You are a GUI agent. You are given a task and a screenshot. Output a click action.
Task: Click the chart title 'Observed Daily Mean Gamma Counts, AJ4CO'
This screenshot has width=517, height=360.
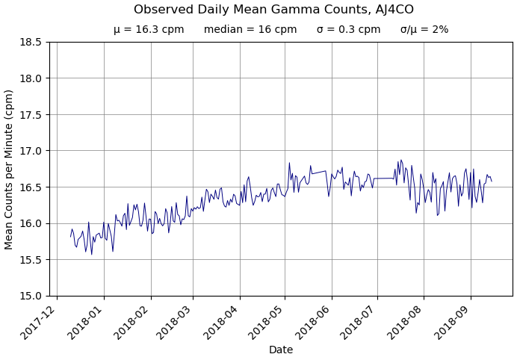tap(273, 10)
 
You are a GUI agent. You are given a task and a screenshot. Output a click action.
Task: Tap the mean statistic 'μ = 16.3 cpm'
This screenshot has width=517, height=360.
tap(149, 30)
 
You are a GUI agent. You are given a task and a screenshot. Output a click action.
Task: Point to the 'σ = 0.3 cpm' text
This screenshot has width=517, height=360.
tap(348, 30)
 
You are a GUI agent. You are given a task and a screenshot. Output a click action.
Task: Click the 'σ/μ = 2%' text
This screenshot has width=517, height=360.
tap(424, 30)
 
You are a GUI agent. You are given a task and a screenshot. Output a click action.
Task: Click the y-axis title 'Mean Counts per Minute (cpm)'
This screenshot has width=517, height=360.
tap(10, 169)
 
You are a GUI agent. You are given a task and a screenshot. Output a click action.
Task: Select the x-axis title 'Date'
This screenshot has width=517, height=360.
tap(281, 350)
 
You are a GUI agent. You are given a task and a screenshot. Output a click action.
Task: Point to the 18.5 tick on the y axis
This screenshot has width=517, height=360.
tap(30, 42)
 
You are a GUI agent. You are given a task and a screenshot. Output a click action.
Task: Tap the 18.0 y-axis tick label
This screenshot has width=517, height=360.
tap(30, 78)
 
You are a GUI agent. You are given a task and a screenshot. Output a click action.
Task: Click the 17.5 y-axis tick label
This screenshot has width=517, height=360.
tap(30, 114)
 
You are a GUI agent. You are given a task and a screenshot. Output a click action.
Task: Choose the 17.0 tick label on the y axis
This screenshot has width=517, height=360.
tap(30, 151)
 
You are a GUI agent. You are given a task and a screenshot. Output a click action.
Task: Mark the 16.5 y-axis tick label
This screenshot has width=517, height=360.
tap(30, 187)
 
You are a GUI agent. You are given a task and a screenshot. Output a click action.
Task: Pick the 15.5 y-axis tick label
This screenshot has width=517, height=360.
tap(30, 260)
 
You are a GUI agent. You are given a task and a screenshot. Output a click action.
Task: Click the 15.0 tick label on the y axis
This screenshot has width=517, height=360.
tap(30, 296)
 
